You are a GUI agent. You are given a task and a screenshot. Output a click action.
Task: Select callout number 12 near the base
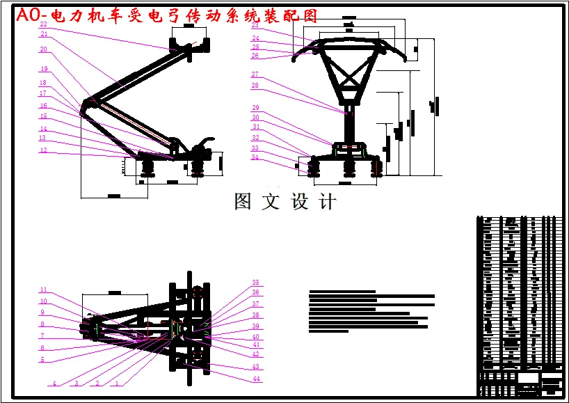click(x=43, y=150)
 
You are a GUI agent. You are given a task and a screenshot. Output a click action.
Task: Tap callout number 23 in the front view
click(x=255, y=24)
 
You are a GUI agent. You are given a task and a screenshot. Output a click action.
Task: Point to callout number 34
click(x=255, y=157)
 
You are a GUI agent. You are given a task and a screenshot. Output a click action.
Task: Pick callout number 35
click(x=255, y=283)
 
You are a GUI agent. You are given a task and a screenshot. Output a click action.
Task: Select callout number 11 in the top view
click(x=43, y=290)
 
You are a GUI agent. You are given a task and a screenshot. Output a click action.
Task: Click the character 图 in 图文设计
click(x=243, y=202)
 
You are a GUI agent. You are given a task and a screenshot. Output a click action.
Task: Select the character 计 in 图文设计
click(x=328, y=202)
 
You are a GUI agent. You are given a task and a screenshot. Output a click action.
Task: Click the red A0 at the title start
click(x=28, y=15)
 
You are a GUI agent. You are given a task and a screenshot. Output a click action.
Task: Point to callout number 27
click(x=255, y=74)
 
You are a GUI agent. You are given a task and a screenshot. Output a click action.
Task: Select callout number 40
click(x=255, y=337)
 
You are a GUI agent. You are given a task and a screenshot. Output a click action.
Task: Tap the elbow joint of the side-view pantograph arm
click(x=88, y=103)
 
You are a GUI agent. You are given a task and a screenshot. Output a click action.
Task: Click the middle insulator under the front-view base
click(x=347, y=167)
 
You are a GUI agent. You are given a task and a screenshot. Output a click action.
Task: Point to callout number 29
click(x=255, y=108)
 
